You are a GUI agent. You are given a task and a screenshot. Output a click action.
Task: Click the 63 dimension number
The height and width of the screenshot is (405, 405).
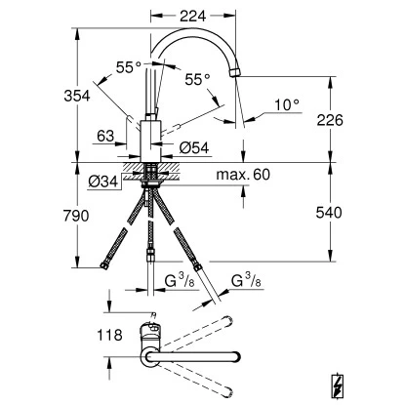(106, 138)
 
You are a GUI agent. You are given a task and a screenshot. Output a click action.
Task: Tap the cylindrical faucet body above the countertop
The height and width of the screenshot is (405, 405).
(151, 142)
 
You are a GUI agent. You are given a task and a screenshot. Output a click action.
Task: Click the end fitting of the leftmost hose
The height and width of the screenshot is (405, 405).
(104, 264)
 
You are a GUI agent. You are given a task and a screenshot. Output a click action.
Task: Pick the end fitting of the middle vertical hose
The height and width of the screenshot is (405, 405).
(150, 257)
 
